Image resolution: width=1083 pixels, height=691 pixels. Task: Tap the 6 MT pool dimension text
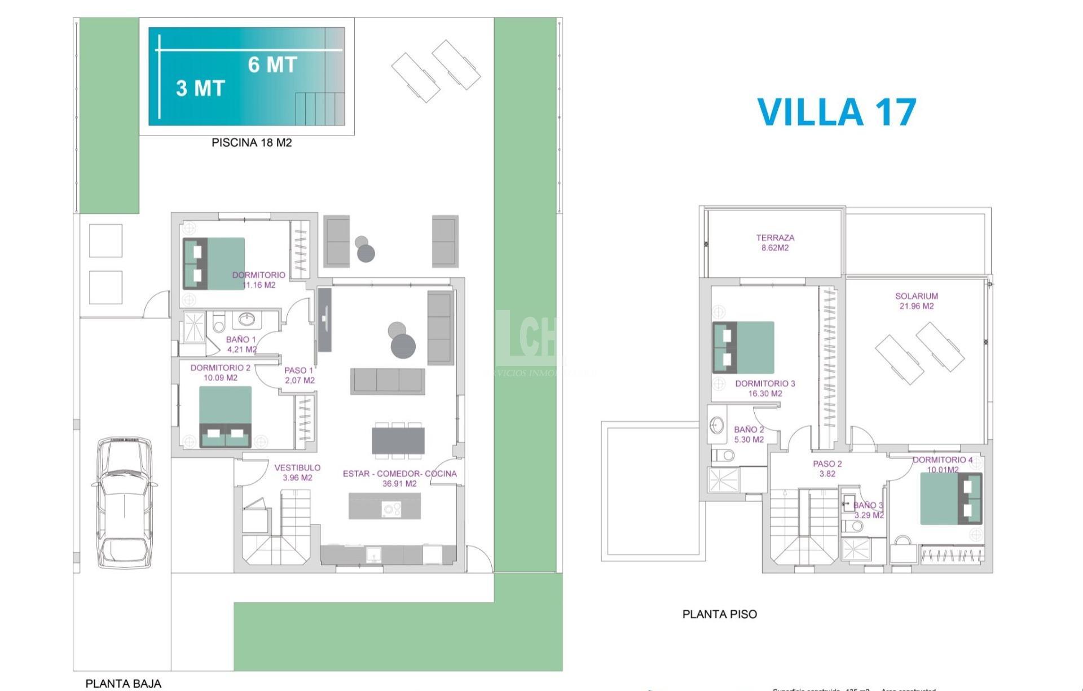[x=272, y=65]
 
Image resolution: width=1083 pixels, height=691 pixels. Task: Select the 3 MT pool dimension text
[x=200, y=89]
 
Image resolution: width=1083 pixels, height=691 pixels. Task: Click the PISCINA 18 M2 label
[x=252, y=143]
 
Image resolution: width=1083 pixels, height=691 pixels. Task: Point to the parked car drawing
[x=124, y=502]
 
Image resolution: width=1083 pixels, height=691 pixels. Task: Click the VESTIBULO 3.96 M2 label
[x=297, y=473]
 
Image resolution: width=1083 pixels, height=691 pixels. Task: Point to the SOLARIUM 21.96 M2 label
[x=917, y=301]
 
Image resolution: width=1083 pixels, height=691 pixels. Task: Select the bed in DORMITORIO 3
[x=743, y=347]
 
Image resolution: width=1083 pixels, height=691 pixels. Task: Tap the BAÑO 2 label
[x=749, y=434]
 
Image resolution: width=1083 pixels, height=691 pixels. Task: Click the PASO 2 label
[x=827, y=469]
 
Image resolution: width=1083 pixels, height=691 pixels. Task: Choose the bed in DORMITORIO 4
[x=951, y=498]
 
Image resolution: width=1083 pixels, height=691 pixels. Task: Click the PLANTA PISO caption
[x=720, y=614]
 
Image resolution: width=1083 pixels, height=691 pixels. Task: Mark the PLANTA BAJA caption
[x=123, y=684]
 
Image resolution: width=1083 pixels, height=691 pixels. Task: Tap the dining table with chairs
[x=398, y=440]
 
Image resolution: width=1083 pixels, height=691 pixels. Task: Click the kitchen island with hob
[x=384, y=506]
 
